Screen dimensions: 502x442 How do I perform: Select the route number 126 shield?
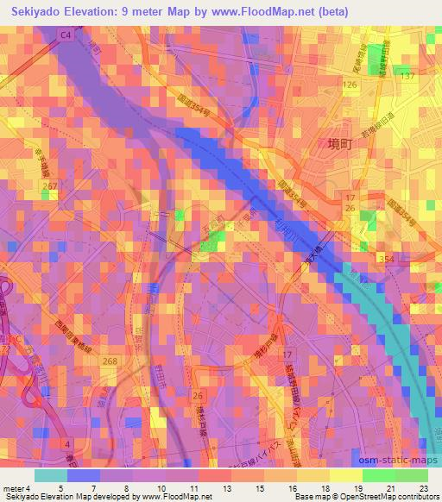click(349, 85)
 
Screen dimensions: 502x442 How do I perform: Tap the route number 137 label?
click(407, 77)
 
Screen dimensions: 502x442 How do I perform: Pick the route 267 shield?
click(50, 185)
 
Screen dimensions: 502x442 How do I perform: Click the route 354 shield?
click(385, 258)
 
